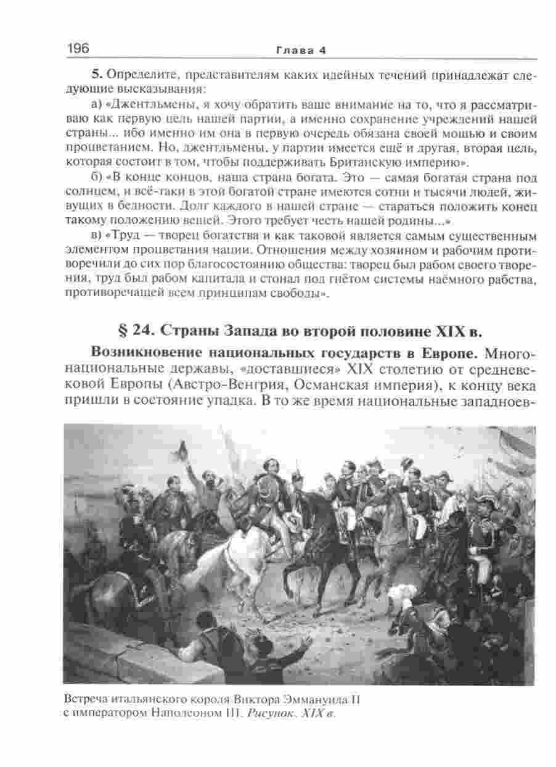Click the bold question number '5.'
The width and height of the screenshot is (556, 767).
(x=98, y=75)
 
